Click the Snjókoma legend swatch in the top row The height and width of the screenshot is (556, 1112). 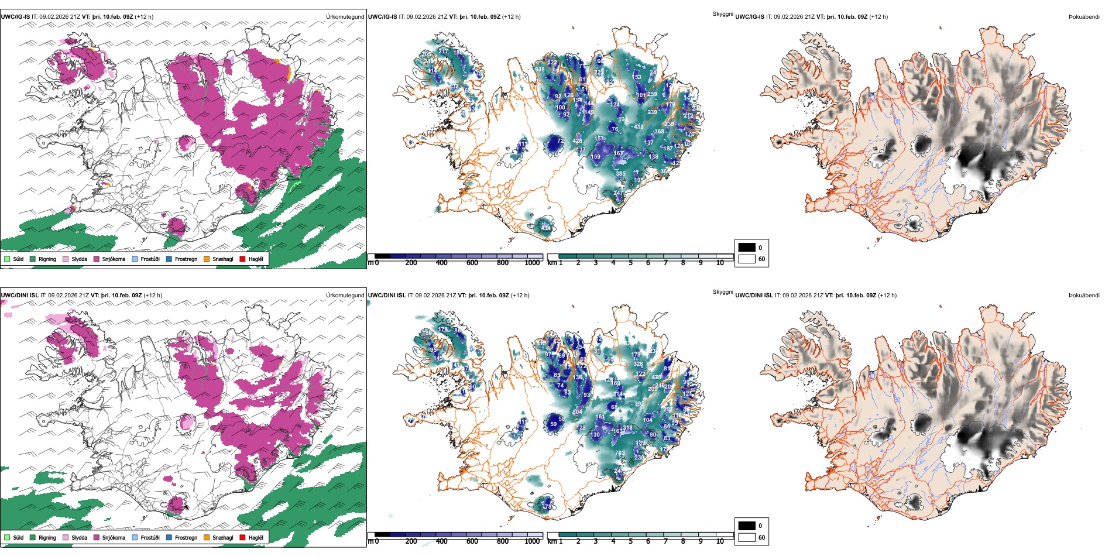[97, 259]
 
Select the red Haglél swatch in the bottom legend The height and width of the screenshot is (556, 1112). [242, 537]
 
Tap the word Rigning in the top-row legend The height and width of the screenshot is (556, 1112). [47, 259]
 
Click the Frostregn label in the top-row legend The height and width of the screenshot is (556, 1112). [186, 259]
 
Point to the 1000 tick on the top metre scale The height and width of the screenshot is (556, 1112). [532, 263]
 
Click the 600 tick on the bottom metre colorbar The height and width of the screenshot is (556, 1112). [472, 541]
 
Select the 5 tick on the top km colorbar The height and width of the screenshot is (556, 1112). [630, 263]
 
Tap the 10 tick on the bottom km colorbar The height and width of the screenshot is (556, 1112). [720, 541]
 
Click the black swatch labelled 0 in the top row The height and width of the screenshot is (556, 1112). [747, 248]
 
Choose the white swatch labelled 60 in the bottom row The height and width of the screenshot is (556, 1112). [747, 537]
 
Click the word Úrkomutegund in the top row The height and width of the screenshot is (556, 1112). [345, 17]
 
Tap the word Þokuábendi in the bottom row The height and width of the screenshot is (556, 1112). [1084, 296]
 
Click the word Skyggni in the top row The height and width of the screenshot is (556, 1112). [722, 13]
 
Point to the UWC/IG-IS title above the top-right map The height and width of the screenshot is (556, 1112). [750, 17]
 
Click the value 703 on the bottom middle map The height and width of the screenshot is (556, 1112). [620, 453]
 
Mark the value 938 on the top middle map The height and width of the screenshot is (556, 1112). [540, 70]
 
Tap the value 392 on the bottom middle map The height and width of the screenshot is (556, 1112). [639, 404]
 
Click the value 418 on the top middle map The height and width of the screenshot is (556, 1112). [639, 126]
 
